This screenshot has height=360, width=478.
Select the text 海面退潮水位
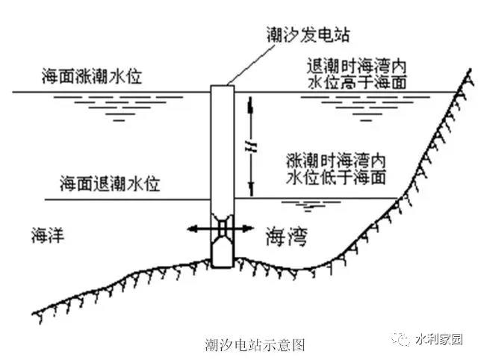point(111,184)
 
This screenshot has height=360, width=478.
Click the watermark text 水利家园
point(439,338)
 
